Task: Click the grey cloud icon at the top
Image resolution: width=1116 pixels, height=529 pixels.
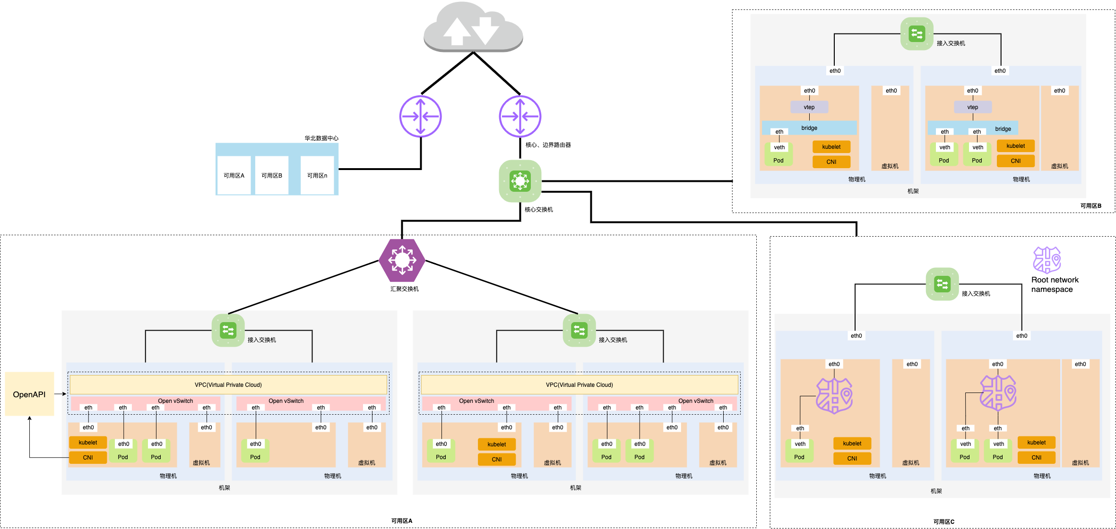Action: click(x=473, y=26)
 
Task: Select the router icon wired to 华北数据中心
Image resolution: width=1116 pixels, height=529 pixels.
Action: click(x=420, y=116)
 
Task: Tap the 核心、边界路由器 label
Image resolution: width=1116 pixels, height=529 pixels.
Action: click(x=548, y=145)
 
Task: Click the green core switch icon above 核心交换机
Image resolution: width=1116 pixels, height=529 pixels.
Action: click(x=520, y=181)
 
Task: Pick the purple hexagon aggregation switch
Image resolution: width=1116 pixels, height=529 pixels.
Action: click(x=402, y=260)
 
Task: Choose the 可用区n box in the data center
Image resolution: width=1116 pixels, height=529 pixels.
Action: click(x=317, y=175)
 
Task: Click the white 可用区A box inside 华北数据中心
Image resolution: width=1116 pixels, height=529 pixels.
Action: click(x=234, y=175)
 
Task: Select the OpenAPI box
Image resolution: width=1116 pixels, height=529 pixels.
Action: click(x=29, y=394)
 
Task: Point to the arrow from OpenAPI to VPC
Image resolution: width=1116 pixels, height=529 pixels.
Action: click(x=61, y=394)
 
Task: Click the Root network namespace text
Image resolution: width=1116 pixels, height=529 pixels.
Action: click(x=1055, y=284)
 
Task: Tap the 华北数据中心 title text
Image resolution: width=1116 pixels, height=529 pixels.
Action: click(x=321, y=138)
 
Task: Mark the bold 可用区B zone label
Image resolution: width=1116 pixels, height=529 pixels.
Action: click(x=1091, y=206)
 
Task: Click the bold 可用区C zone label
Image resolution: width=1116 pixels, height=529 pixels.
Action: click(x=944, y=522)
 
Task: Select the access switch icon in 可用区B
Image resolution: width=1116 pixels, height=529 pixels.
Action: click(x=917, y=34)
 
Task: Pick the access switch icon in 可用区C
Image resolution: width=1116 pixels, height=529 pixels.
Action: click(x=943, y=284)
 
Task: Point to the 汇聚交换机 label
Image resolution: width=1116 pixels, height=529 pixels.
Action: click(x=405, y=289)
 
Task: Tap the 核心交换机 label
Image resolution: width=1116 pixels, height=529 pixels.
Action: click(x=539, y=210)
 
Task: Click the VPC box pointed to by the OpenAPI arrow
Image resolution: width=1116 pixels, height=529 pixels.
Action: click(x=228, y=384)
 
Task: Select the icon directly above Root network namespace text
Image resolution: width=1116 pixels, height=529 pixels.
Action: click(x=1047, y=260)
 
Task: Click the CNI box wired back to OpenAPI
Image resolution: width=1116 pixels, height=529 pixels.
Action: click(x=88, y=458)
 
